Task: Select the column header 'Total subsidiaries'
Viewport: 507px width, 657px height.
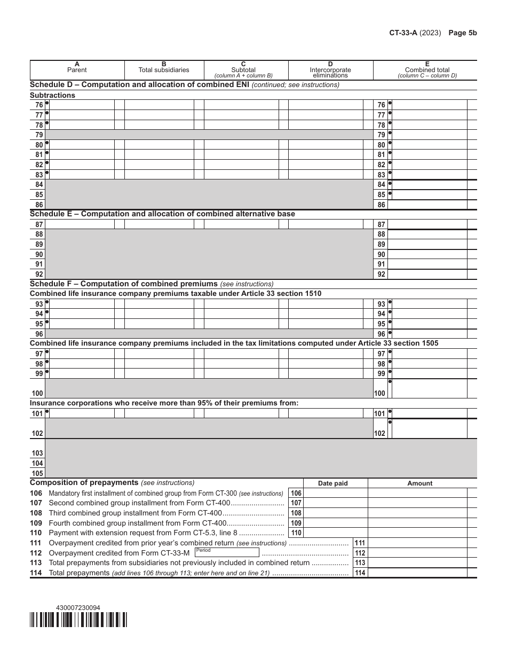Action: click(164, 69)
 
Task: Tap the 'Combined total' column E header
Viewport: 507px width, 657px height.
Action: click(427, 69)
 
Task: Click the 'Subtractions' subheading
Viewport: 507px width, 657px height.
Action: click(52, 95)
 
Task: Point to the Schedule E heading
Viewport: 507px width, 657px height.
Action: click(162, 214)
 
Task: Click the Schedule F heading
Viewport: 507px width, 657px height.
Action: click(124, 284)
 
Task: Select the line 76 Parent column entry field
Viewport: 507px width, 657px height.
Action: click(81, 105)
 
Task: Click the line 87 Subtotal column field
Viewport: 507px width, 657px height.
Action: click(241, 224)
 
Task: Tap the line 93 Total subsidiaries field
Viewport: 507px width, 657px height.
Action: click(159, 304)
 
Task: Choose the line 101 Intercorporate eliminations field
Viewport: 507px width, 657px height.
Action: click(326, 413)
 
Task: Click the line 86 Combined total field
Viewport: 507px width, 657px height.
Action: click(427, 205)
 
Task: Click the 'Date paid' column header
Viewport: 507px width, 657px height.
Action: click(332, 483)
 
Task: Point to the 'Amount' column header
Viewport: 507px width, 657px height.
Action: click(419, 483)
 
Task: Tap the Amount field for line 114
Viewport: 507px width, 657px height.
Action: click(417, 573)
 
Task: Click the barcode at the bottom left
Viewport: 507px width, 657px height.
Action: click(78, 619)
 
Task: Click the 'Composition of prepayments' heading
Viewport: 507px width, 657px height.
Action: click(84, 482)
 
